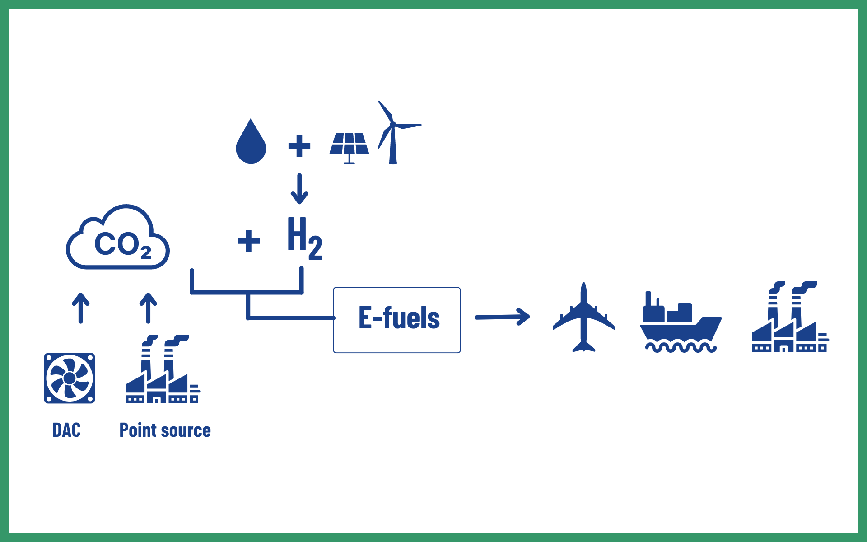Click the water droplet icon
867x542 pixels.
(x=251, y=144)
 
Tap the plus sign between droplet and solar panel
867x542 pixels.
(x=299, y=146)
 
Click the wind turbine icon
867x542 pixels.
(x=393, y=133)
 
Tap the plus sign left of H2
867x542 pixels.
(x=248, y=241)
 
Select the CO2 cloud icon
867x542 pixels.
(x=118, y=238)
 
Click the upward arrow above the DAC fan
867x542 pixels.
(x=81, y=308)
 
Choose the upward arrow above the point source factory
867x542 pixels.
(x=148, y=308)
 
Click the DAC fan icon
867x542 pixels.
(x=70, y=378)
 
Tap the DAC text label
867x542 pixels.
(x=67, y=430)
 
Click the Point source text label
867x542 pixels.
(x=165, y=430)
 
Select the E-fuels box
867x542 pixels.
(x=397, y=320)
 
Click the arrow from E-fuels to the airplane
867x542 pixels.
(x=502, y=317)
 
